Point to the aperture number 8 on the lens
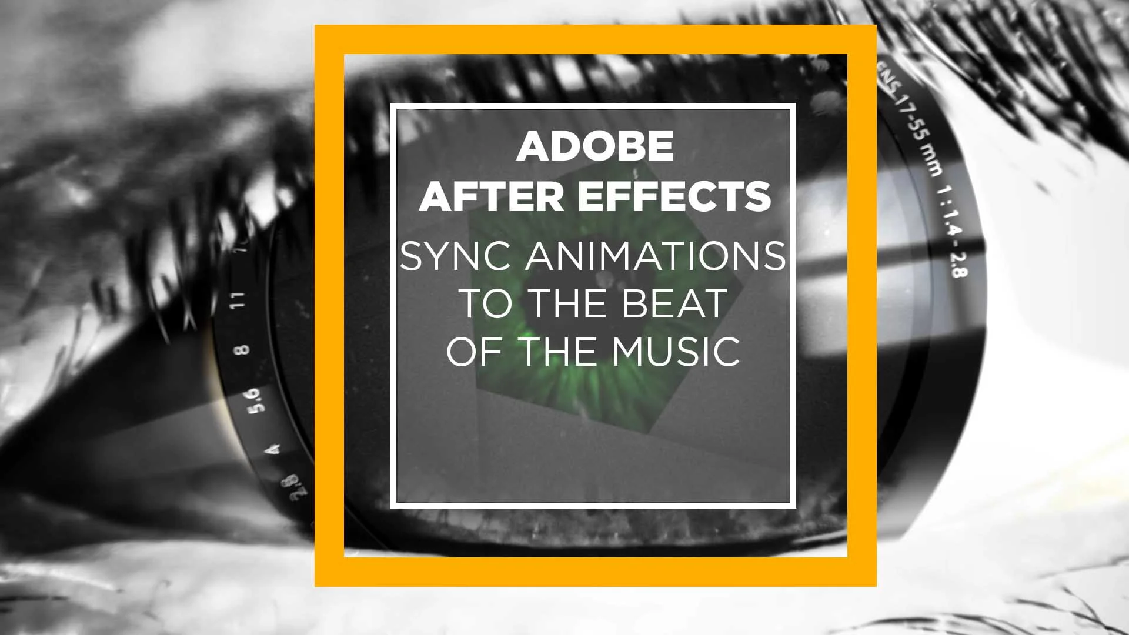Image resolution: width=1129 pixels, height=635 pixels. [243, 349]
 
